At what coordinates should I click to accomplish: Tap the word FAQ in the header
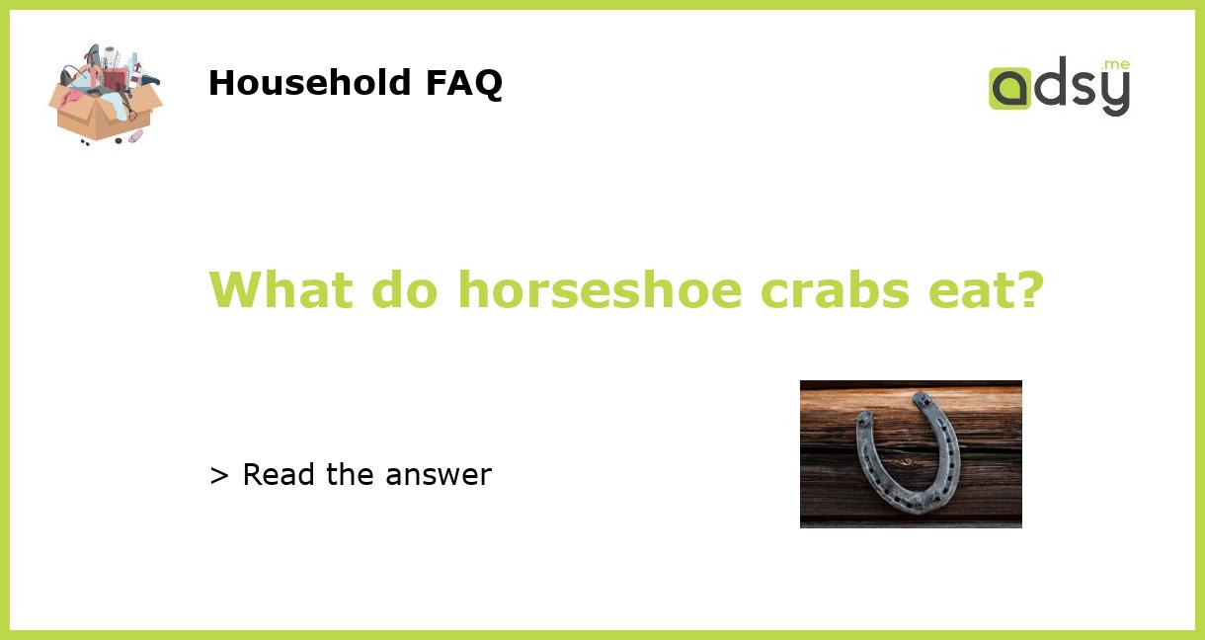point(463,83)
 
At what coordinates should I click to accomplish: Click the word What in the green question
point(281,289)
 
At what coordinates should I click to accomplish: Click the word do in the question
point(406,289)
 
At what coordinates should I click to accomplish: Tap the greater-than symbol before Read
point(219,476)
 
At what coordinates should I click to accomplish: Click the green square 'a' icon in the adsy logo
point(1009,89)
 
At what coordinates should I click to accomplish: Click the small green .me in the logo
point(1116,65)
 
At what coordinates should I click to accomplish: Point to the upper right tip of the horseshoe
point(923,399)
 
